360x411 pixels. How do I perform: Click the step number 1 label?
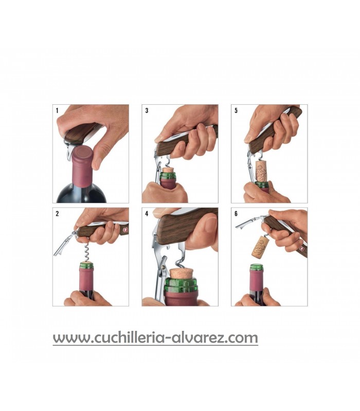[x=57, y=110]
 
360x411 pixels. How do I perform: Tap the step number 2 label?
[x=57, y=214]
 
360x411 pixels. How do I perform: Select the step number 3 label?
[x=147, y=110]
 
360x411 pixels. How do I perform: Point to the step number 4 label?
[x=147, y=214]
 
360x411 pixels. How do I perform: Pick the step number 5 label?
[x=236, y=110]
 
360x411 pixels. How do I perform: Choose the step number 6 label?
[x=236, y=214]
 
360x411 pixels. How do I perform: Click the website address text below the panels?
[x=155, y=338]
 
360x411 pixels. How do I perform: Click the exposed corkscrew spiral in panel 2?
[x=86, y=252]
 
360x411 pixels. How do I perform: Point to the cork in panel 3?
[x=169, y=170]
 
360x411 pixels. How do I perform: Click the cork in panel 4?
[x=181, y=273]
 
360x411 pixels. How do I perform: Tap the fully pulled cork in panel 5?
[x=261, y=171]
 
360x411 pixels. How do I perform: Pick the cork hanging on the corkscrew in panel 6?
[x=259, y=247]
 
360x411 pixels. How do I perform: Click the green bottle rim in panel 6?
[x=256, y=268]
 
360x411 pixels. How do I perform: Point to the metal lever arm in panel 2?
[x=63, y=244]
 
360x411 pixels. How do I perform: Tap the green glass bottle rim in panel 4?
[x=181, y=285]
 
